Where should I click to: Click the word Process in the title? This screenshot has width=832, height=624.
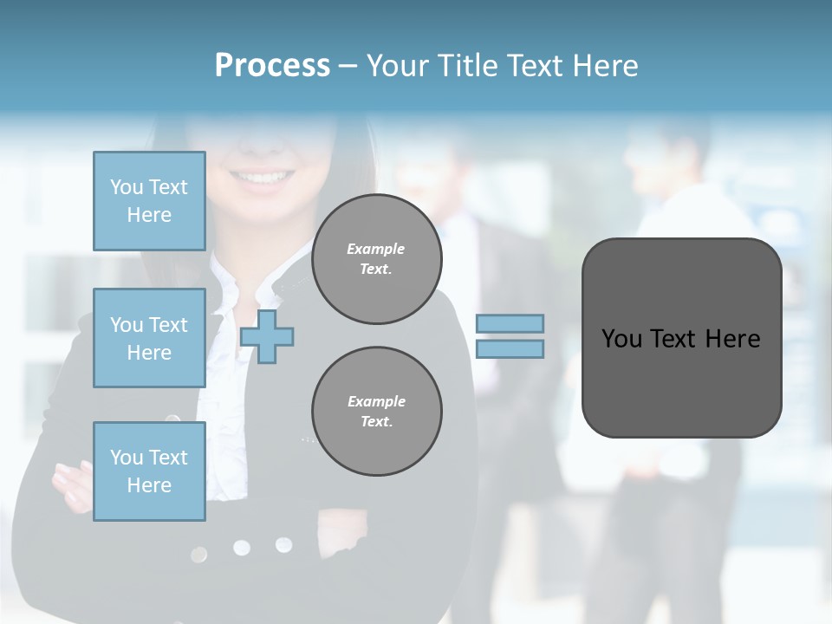[x=272, y=66]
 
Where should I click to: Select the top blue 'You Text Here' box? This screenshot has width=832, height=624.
[x=149, y=201]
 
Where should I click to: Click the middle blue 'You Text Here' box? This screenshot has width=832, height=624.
[x=149, y=338]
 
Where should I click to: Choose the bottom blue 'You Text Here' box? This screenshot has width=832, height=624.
[x=149, y=471]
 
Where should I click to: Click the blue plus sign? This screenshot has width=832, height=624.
[x=267, y=336]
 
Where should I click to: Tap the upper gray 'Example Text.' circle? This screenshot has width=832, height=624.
[x=376, y=259]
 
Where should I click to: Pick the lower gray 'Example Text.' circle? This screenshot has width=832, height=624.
[x=376, y=412]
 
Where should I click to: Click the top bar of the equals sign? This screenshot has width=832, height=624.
[x=510, y=323]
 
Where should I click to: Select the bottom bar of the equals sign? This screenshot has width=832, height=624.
[x=510, y=349]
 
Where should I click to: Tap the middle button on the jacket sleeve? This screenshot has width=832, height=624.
[x=241, y=548]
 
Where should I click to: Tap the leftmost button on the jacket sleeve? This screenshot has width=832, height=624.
[x=199, y=554]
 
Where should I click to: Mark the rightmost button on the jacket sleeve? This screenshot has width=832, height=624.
[x=283, y=544]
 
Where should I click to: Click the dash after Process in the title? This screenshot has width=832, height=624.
[x=348, y=66]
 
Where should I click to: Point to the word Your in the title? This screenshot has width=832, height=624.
[x=397, y=66]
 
